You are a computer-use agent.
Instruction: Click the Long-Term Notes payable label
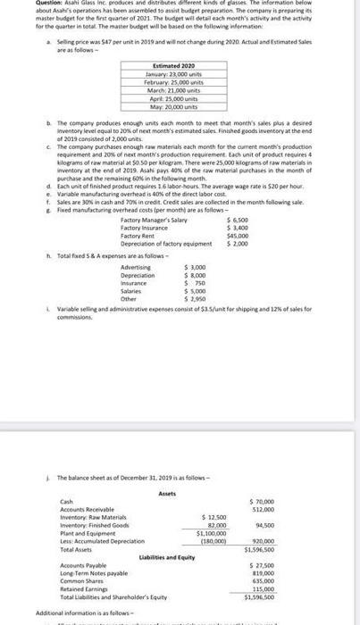[x=90, y=574]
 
